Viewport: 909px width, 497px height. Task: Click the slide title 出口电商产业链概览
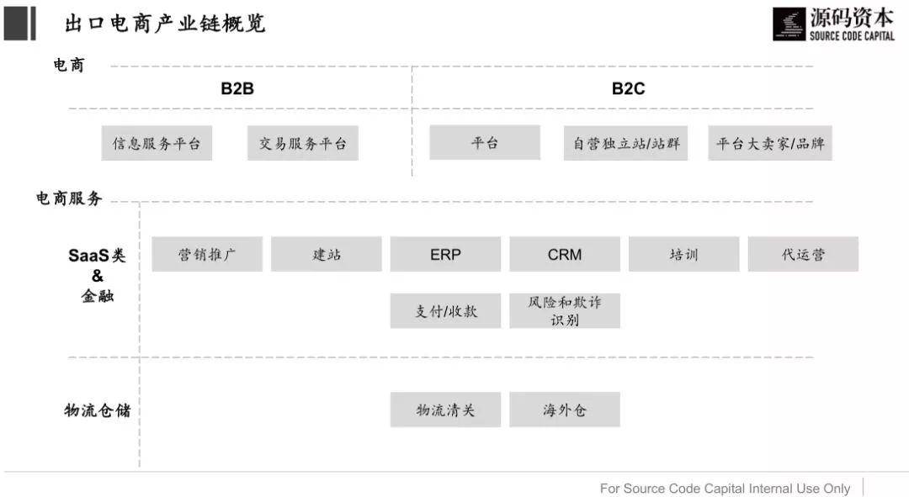coord(165,24)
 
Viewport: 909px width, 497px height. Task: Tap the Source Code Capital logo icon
coord(789,24)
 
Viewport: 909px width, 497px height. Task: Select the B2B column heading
coord(237,88)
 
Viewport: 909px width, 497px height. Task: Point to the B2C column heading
coord(629,88)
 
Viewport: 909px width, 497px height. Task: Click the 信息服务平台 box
coord(157,143)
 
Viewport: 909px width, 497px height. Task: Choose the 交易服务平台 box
coord(303,143)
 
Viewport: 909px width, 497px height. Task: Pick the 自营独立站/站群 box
coord(625,143)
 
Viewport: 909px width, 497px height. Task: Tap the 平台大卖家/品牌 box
coord(770,143)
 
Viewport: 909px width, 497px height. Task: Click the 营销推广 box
coord(207,254)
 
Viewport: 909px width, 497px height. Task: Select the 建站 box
coord(327,254)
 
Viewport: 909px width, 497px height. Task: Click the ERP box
coord(445,254)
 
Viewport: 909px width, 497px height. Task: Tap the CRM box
coord(565,254)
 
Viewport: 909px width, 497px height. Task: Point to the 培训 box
coord(684,254)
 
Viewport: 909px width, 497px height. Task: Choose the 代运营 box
coord(803,254)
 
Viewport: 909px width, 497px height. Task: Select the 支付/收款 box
coord(445,311)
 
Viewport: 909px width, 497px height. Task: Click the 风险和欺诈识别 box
coord(565,311)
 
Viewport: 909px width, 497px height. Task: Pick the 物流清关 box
coord(445,410)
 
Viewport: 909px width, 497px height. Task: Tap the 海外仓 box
coord(565,410)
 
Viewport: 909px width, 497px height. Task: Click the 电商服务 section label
coord(69,198)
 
